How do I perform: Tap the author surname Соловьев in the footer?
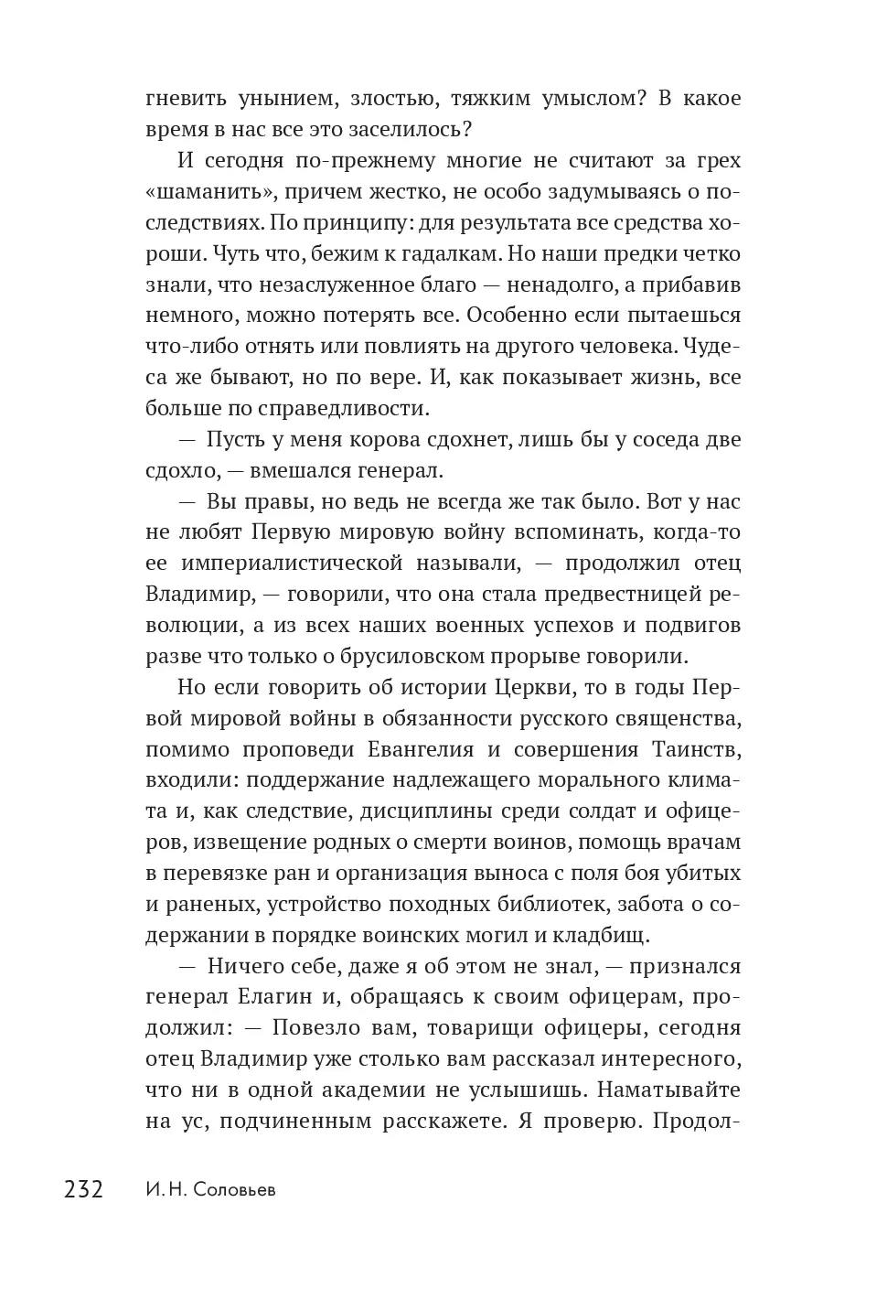(232, 1190)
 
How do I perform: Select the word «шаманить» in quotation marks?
(207, 191)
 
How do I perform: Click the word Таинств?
(695, 749)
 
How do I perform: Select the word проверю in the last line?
(585, 1121)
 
